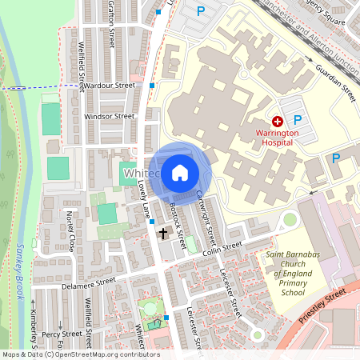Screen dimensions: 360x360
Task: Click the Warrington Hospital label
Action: [277, 136]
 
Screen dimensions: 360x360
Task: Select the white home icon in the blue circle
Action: [180, 172]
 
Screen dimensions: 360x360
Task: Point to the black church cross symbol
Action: [164, 234]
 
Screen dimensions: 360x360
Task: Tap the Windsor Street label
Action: [109, 116]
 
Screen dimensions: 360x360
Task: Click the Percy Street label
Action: [61, 334]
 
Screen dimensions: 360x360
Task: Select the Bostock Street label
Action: [177, 226]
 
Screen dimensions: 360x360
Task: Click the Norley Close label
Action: [70, 231]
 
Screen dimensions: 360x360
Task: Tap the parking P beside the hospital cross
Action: [308, 119]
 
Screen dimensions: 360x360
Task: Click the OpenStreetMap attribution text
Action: [80, 354]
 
